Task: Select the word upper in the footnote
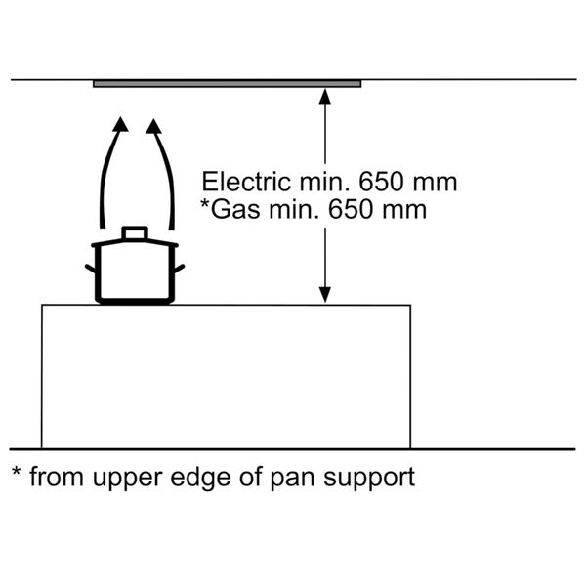(133, 480)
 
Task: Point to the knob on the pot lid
(134, 232)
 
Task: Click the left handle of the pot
(91, 268)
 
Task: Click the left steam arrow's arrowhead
(119, 124)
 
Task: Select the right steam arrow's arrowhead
(153, 124)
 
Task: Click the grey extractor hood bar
(227, 84)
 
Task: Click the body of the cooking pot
(134, 273)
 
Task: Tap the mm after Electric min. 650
(438, 182)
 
